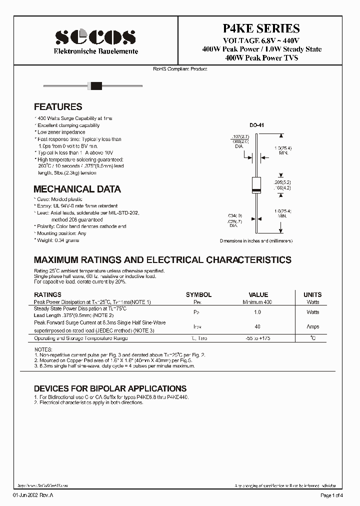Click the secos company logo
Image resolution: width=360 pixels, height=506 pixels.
95,37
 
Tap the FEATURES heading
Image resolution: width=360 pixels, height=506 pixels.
58,107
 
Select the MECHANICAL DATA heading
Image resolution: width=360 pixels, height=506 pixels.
77,189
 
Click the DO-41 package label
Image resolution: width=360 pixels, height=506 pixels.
256,125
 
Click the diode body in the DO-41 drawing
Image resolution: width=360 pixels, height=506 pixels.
256,185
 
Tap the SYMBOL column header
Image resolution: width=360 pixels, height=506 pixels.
198,295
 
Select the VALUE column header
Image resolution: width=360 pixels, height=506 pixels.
258,295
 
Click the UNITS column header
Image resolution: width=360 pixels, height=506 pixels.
312,295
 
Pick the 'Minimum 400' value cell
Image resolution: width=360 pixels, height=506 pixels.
257,302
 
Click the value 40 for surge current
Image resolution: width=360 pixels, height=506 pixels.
258,326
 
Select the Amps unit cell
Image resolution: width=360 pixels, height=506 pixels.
312,326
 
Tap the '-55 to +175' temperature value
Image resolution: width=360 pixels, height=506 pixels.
258,338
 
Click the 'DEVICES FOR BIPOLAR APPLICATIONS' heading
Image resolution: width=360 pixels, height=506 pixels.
110,388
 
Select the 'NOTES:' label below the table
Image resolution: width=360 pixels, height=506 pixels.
42,349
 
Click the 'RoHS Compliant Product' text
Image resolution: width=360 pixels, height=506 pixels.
180,69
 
